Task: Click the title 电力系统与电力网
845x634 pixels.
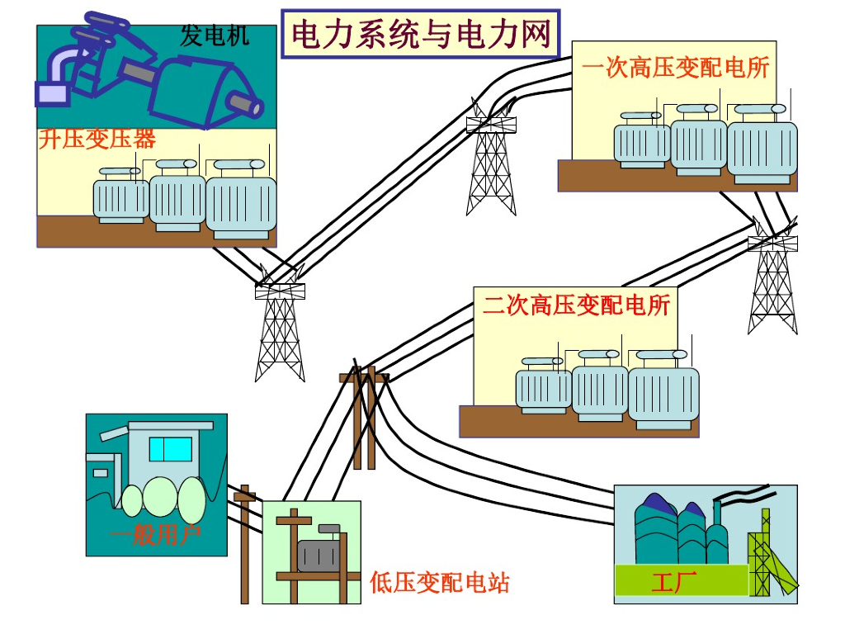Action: (x=421, y=34)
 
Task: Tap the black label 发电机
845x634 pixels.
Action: (x=215, y=35)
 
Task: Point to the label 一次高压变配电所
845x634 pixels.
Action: (x=675, y=68)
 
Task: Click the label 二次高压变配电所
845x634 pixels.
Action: (x=576, y=305)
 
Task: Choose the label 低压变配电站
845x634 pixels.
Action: (x=440, y=583)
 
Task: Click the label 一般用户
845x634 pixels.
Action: (x=155, y=537)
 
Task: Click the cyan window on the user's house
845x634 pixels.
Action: (x=170, y=449)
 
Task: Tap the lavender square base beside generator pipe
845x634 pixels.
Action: (x=51, y=93)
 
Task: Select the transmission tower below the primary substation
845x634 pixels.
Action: (x=773, y=281)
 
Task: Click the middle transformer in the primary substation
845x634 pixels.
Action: (x=698, y=146)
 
